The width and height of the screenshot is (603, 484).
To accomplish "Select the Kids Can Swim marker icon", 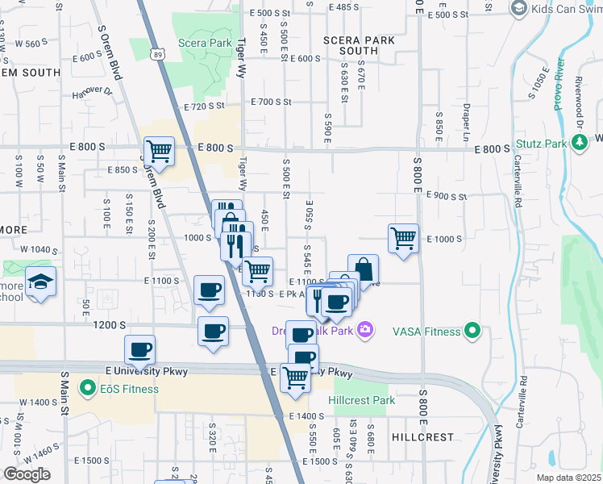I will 519,8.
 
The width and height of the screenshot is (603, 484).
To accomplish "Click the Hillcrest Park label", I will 362,400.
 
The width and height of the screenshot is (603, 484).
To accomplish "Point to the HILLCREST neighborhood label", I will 423,436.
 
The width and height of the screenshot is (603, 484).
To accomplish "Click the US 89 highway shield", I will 157,52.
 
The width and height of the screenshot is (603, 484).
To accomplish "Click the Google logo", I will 27,474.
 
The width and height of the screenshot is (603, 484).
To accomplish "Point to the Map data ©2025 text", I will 568,478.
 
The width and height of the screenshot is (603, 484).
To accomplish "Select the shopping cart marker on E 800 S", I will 159,150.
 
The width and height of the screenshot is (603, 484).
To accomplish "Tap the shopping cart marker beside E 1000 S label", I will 402,238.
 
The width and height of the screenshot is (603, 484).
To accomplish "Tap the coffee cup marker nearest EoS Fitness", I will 139,350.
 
